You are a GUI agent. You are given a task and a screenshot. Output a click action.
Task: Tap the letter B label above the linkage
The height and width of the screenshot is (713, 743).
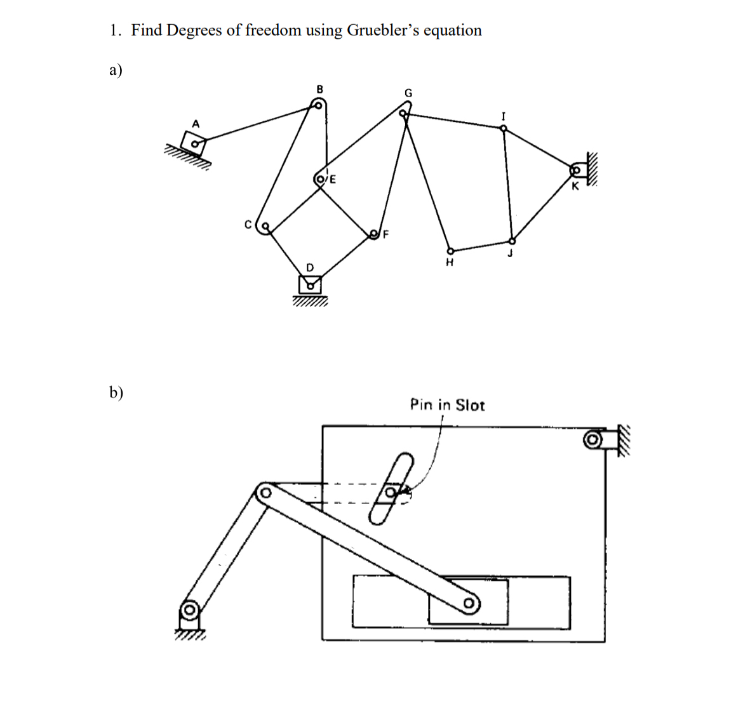pos(319,90)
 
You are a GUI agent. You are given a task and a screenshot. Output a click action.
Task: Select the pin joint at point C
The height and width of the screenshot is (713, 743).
pos(265,225)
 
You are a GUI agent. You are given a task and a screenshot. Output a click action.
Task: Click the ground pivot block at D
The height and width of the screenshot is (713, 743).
pos(310,284)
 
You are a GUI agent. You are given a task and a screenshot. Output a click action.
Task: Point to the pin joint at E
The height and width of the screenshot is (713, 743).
pos(320,179)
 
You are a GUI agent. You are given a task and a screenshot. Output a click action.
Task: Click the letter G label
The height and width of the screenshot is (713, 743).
pos(408,93)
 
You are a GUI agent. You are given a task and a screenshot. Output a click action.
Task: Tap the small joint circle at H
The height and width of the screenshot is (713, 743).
pos(450,250)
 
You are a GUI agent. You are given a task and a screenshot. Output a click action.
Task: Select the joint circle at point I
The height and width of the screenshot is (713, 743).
pos(504,128)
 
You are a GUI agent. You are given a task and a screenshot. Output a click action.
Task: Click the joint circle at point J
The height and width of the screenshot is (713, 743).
pos(512,241)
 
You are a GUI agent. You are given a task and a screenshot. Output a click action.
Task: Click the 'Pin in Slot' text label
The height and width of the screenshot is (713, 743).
pos(447,405)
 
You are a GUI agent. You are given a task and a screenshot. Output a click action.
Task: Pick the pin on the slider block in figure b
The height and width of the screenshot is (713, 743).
pos(469,603)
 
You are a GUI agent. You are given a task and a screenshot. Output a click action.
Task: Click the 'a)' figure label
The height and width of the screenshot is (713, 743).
pos(116,70)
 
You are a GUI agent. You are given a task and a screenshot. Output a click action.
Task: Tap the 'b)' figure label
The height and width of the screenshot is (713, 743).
pos(116,392)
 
